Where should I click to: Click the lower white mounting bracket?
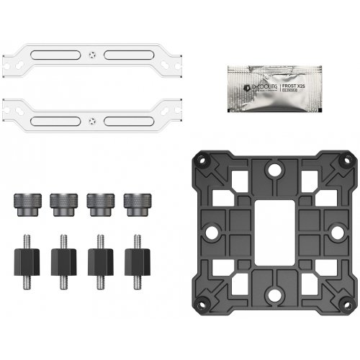point(43,113)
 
